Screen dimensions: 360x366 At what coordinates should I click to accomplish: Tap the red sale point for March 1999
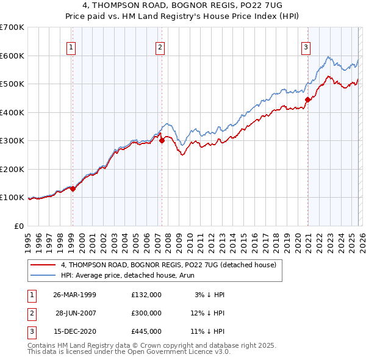click(x=73, y=189)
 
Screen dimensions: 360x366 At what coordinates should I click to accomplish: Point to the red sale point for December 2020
click(x=308, y=100)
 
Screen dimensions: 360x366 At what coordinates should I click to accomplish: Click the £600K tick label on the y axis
click(x=12, y=56)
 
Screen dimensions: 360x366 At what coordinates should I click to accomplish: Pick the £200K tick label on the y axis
click(x=12, y=169)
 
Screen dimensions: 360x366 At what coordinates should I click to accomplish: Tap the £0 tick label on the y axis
click(x=18, y=226)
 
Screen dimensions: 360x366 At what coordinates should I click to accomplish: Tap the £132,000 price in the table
click(x=146, y=294)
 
